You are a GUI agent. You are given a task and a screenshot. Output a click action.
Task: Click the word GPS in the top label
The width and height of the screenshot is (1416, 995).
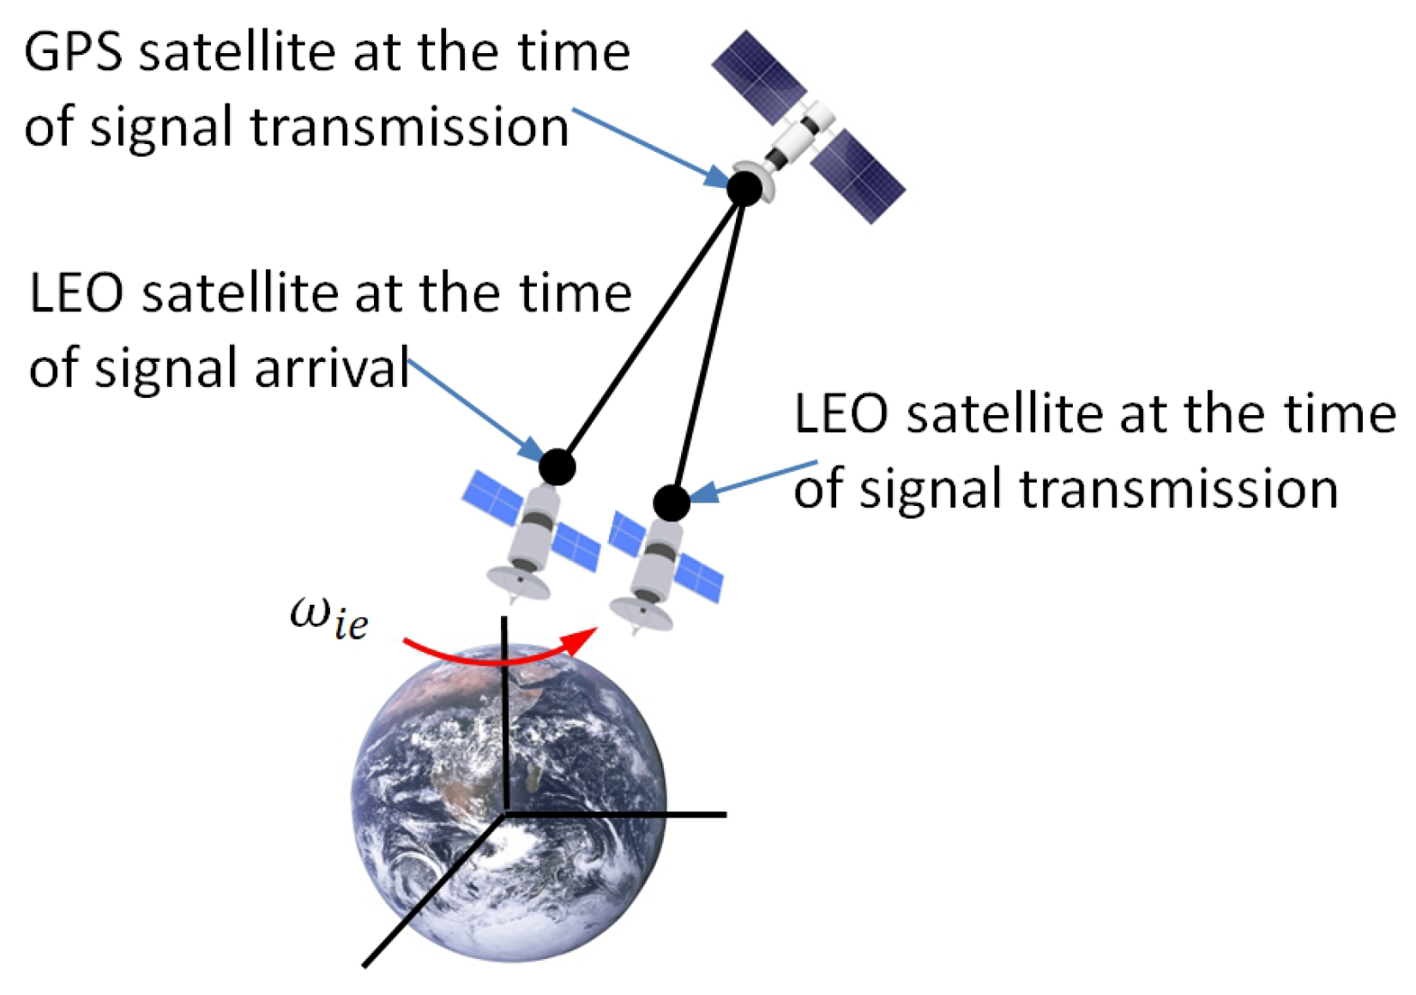click(x=73, y=53)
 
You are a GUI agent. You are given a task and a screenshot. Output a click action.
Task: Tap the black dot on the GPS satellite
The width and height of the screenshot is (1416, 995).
click(x=744, y=188)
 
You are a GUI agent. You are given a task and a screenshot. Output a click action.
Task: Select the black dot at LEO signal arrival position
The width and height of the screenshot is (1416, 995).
click(x=557, y=467)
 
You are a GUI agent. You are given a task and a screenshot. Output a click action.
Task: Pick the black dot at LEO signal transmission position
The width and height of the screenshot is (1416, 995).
click(x=672, y=504)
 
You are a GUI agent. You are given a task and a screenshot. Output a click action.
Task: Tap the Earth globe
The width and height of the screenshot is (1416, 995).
click(x=509, y=802)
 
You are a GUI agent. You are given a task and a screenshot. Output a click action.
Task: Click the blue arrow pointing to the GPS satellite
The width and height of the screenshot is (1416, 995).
click(x=651, y=148)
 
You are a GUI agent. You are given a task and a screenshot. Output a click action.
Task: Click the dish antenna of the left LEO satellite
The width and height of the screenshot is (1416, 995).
click(x=517, y=582)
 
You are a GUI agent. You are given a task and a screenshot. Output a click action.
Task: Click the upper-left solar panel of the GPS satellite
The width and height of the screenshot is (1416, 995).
click(x=759, y=77)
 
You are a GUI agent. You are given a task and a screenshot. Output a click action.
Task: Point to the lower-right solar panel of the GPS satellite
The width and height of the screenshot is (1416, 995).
click(x=858, y=177)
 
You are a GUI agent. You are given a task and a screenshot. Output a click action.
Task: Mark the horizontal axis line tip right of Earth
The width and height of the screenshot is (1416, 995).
click(x=726, y=815)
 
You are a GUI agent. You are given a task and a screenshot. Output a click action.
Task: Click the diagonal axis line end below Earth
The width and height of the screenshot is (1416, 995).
click(x=365, y=965)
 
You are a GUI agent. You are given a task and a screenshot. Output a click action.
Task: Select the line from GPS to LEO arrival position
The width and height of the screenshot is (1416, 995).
click(x=651, y=328)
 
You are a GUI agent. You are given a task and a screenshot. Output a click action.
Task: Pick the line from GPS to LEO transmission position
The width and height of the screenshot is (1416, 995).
click(x=708, y=345)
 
